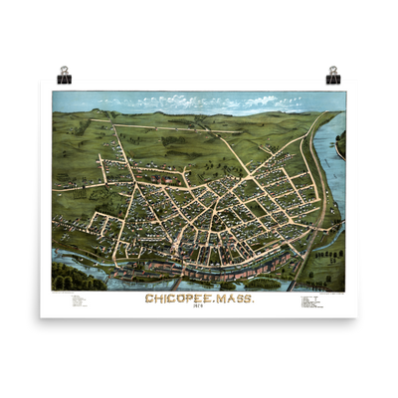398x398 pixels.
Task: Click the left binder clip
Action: point(65,72)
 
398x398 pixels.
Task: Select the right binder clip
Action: point(332,72)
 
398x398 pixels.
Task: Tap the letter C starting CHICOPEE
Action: point(149,298)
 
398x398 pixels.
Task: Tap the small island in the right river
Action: point(341,144)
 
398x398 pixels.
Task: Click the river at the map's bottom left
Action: point(75,264)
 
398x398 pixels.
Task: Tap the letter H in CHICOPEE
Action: point(157,298)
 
